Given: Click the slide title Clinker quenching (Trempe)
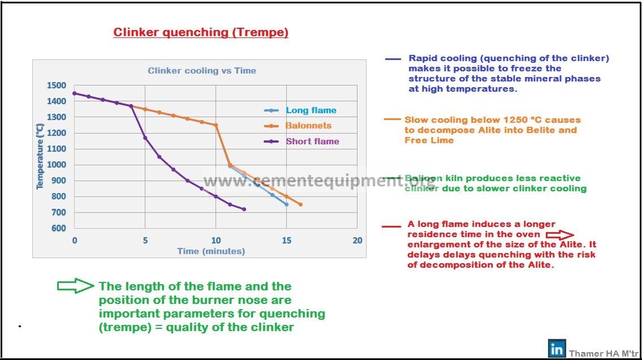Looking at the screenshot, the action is coord(201,32).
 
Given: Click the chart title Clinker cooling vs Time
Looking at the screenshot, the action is coord(202,70).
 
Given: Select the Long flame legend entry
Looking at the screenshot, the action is coord(300,110).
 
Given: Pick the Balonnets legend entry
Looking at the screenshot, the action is coord(298,126).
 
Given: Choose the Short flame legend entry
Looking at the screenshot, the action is coord(301,142).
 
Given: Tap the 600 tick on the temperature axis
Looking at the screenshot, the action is coord(59,228).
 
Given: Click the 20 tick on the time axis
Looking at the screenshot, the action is coord(357,241).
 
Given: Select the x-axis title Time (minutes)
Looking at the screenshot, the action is coord(211,251).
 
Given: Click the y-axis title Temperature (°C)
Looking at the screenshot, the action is coord(40,156).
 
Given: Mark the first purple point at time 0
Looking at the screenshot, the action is coord(75,93).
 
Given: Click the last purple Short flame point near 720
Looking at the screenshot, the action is coord(244,209).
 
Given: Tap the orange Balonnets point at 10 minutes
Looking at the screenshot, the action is coord(216,125).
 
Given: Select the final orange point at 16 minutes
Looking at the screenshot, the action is coord(300,204).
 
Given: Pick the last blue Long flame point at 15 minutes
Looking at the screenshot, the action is coord(287,204).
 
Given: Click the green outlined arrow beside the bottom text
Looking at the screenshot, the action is coord(75,286).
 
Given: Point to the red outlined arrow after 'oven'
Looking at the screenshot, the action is coord(560,235).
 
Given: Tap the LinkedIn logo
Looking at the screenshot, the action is coord(557,349).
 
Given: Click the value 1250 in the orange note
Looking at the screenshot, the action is coord(515,120).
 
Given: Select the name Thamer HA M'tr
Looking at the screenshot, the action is coord(604,353).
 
